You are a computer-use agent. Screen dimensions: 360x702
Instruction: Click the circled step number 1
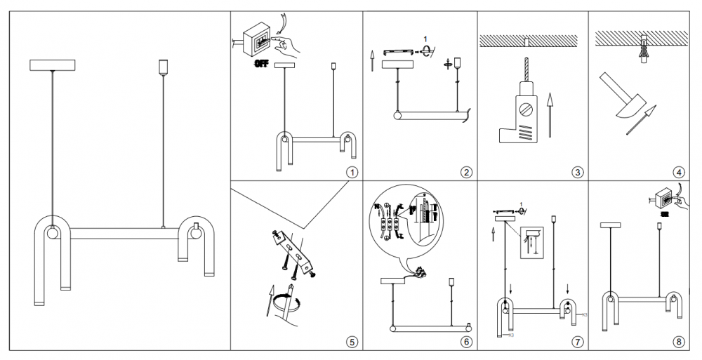[352, 172]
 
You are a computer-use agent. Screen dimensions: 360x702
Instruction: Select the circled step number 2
[465, 172]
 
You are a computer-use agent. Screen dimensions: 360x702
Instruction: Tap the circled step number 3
[577, 172]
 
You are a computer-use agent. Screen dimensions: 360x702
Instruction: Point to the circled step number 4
[677, 172]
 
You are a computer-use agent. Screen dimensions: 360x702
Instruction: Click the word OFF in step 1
[261, 63]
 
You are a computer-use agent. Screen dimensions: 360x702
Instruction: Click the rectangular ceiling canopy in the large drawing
[52, 65]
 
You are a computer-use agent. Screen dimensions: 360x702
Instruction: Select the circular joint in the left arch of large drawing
[53, 234]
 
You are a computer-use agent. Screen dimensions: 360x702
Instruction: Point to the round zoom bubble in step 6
[406, 223]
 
